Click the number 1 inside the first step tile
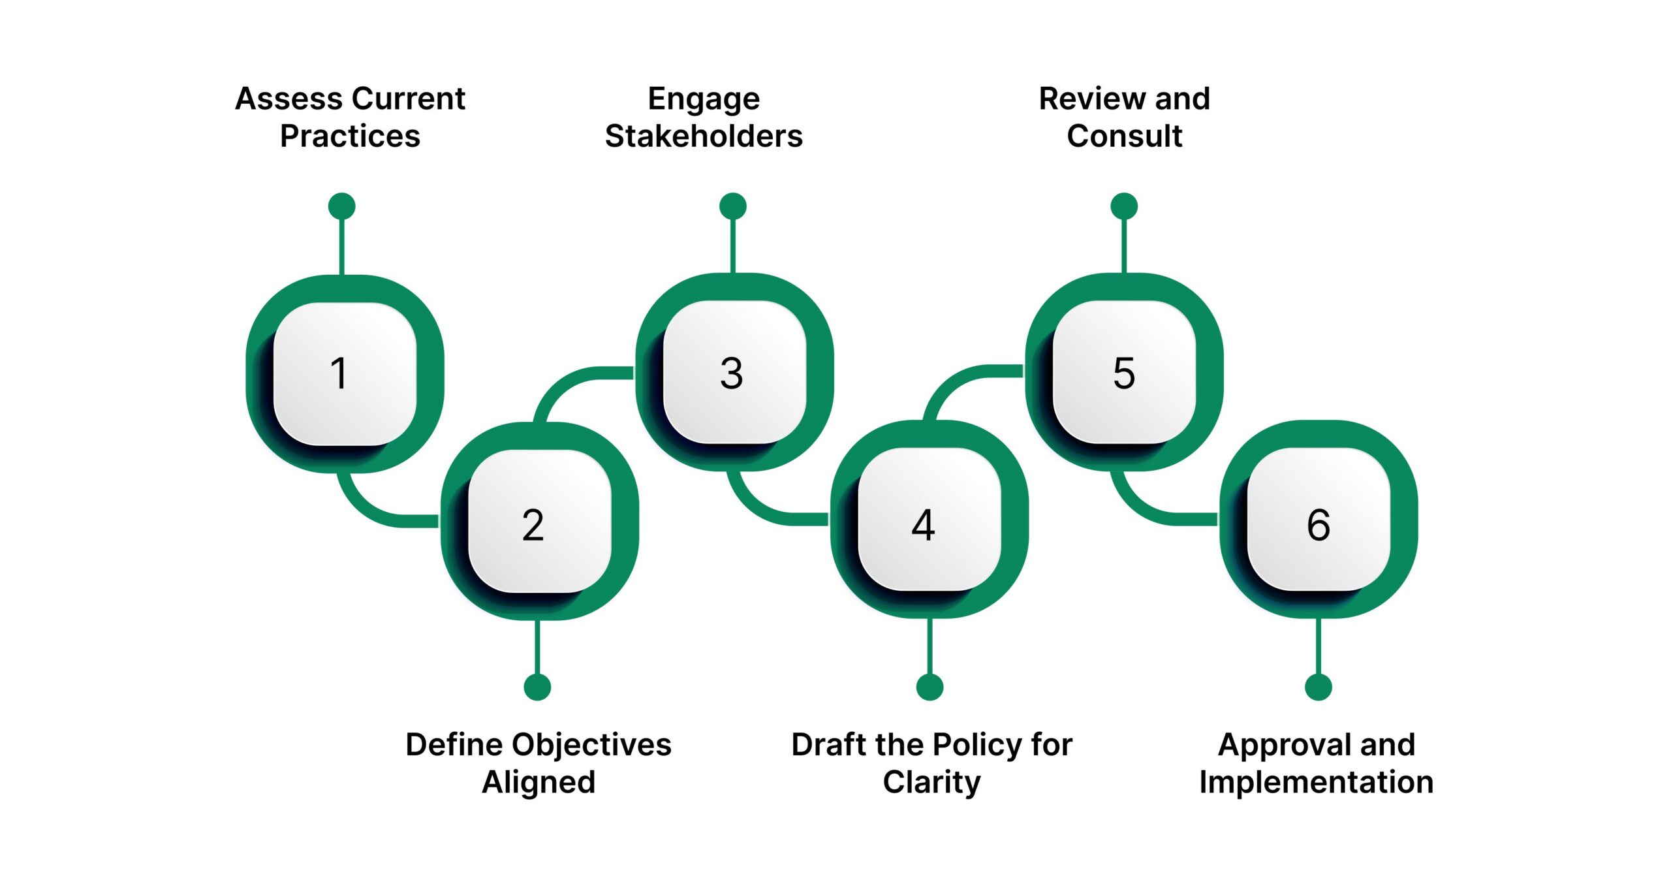pos(338,373)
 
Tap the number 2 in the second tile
pos(533,525)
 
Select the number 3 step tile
pos(732,373)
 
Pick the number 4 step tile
pos(923,525)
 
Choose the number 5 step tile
pos(1123,373)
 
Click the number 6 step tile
pos(1318,525)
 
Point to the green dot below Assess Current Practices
pos(341,206)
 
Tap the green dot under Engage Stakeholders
pos(732,206)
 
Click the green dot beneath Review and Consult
pos(1123,206)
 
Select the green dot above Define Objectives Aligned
pos(537,687)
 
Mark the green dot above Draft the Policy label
pos(929,687)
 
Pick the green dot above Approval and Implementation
pos(1318,687)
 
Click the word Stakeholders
pos(704,136)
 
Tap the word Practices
pos(350,136)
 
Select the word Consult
pos(1124,136)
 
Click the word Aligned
pos(539,782)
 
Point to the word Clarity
pos(931,782)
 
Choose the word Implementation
pos(1316,782)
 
